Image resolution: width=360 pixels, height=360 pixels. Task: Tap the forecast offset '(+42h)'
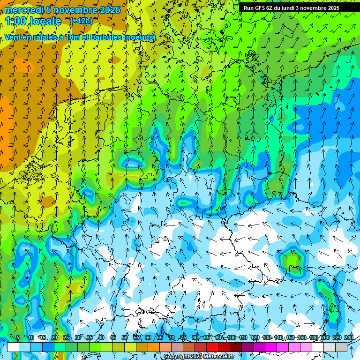click(81, 21)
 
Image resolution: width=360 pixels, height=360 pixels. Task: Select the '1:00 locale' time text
click(33, 21)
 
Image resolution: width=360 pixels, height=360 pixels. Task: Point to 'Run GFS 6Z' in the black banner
click(258, 8)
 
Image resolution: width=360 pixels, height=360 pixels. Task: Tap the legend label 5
click(17, 338)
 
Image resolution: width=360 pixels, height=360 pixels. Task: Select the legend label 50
click(125, 338)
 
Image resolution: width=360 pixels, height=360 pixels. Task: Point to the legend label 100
click(232, 338)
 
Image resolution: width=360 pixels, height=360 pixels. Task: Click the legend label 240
click(349, 338)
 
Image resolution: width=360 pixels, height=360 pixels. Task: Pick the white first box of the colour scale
click(13, 347)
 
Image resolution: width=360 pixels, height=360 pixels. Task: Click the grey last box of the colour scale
click(341, 347)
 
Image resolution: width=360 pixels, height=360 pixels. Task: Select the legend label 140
click(278, 338)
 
